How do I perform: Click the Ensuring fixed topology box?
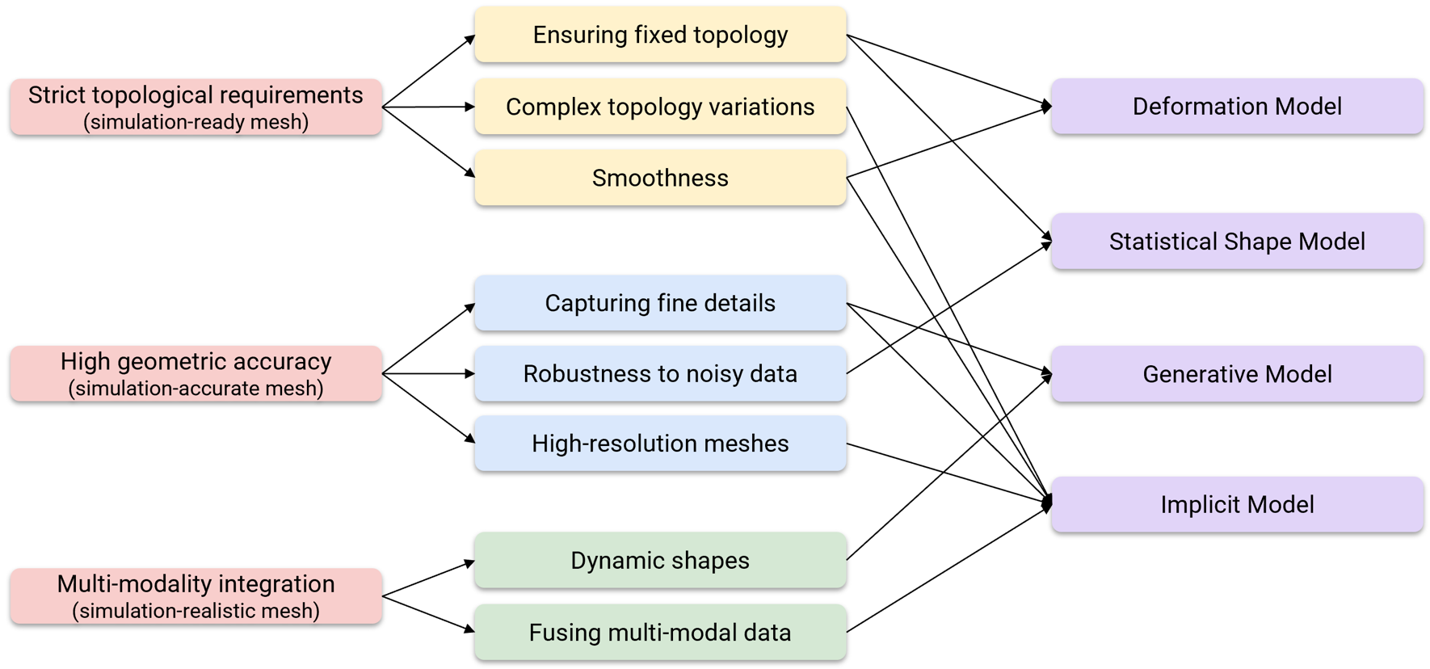(660, 35)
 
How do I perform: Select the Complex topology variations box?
(660, 107)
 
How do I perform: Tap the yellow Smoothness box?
(660, 178)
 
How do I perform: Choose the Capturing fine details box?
(660, 303)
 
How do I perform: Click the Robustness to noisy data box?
(660, 374)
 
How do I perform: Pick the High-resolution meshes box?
(660, 444)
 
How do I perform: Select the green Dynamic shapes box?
(660, 560)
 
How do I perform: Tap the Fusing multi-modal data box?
(660, 632)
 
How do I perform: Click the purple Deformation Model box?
(1237, 106)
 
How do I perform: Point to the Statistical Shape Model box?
(1237, 241)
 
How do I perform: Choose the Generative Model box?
(1237, 374)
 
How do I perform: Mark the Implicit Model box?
(1237, 504)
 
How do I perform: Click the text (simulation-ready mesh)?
(196, 122)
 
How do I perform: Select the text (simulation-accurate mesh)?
(196, 389)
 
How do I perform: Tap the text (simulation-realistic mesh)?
(196, 611)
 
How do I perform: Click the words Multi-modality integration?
(196, 583)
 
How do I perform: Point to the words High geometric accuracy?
(196, 360)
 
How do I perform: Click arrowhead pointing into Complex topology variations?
(470, 107)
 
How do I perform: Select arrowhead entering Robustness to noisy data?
(470, 374)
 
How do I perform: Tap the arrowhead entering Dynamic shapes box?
(470, 562)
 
